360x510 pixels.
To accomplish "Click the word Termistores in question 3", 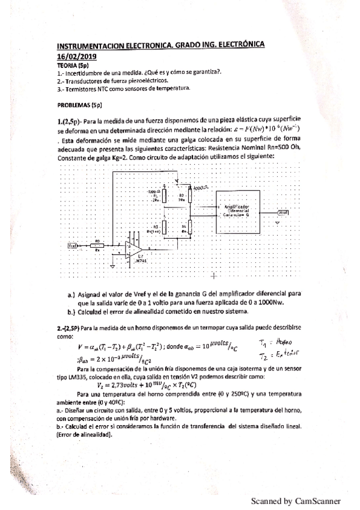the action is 84,89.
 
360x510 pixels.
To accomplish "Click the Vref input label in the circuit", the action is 73,245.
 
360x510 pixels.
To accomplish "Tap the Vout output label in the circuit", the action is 282,212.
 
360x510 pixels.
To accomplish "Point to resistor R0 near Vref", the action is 98,245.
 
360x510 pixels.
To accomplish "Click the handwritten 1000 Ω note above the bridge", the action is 200,188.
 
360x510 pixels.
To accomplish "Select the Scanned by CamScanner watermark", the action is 296,500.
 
